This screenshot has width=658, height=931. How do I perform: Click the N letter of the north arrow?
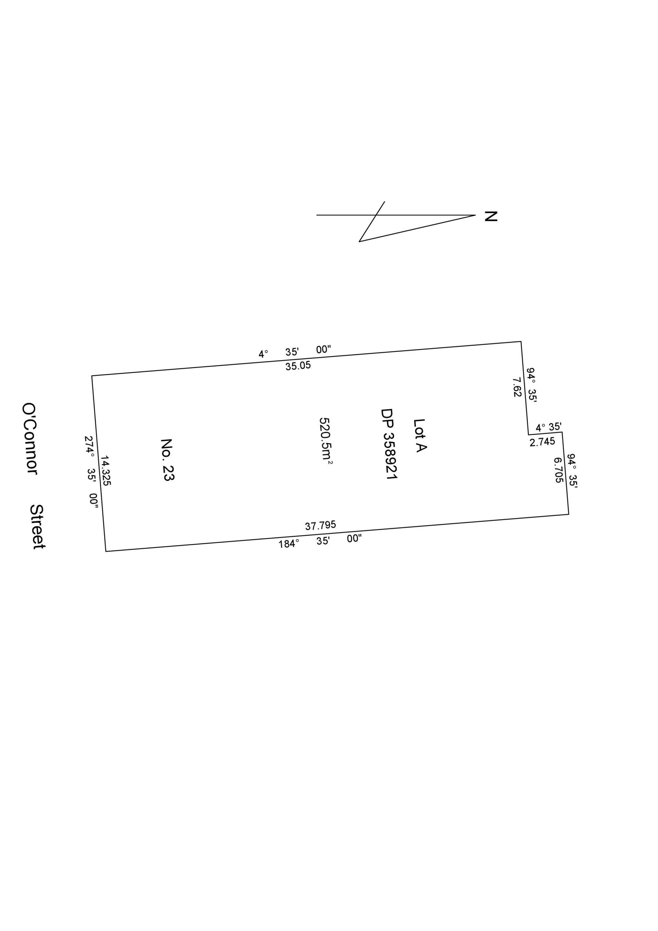coord(491,216)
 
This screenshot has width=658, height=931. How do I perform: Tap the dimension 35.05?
coord(298,366)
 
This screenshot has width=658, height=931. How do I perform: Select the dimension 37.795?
coord(320,525)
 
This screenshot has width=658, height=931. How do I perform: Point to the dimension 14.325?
coord(106,470)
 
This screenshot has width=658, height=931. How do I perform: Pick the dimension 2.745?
coord(542,441)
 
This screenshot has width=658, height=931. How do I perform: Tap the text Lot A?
coord(419,436)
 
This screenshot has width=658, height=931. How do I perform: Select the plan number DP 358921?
coord(389,444)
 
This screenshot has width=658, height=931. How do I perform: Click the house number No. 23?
coord(167,459)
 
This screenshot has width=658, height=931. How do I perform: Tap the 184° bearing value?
coord(289,544)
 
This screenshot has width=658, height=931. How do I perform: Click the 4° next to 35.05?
coord(263,354)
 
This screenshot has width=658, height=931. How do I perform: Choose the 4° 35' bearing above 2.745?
coord(548,427)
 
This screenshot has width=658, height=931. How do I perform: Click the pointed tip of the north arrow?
coord(475,215)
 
